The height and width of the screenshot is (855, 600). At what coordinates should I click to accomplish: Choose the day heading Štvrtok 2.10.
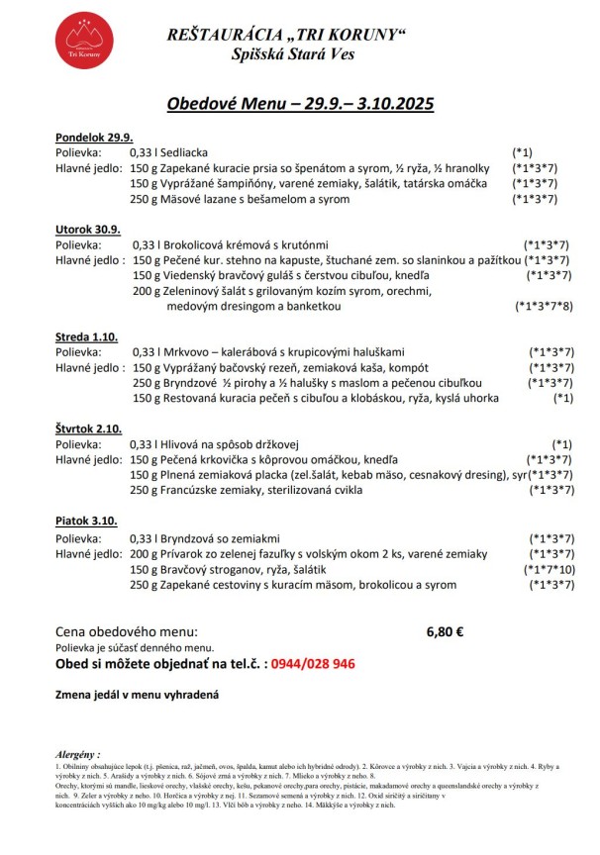click(87, 428)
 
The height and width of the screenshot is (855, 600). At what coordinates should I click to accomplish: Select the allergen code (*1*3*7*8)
click(544, 307)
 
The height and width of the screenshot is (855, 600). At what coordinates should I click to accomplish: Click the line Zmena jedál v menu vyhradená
click(136, 695)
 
